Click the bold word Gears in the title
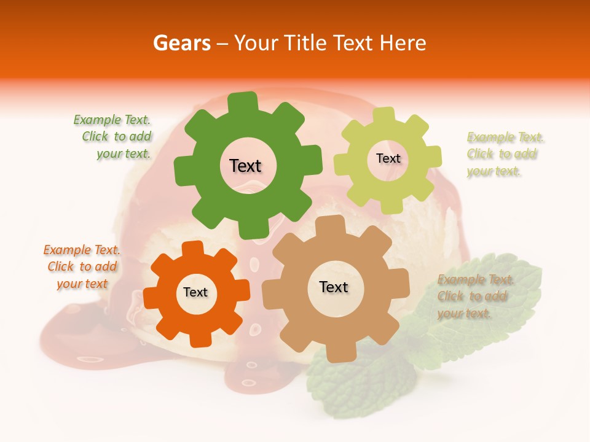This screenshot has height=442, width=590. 181,43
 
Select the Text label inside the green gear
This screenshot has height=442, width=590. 245,166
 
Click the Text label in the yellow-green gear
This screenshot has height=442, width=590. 388,158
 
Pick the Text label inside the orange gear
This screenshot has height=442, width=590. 195,292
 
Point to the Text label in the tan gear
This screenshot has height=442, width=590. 334,287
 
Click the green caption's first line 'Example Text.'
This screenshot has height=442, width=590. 112,120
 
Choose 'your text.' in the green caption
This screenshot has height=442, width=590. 124,153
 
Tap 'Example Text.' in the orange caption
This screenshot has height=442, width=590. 82,250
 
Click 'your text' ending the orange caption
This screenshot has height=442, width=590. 82,284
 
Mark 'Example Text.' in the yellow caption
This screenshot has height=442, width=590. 505,137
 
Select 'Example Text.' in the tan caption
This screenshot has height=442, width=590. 476,280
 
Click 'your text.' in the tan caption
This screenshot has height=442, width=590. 464,313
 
